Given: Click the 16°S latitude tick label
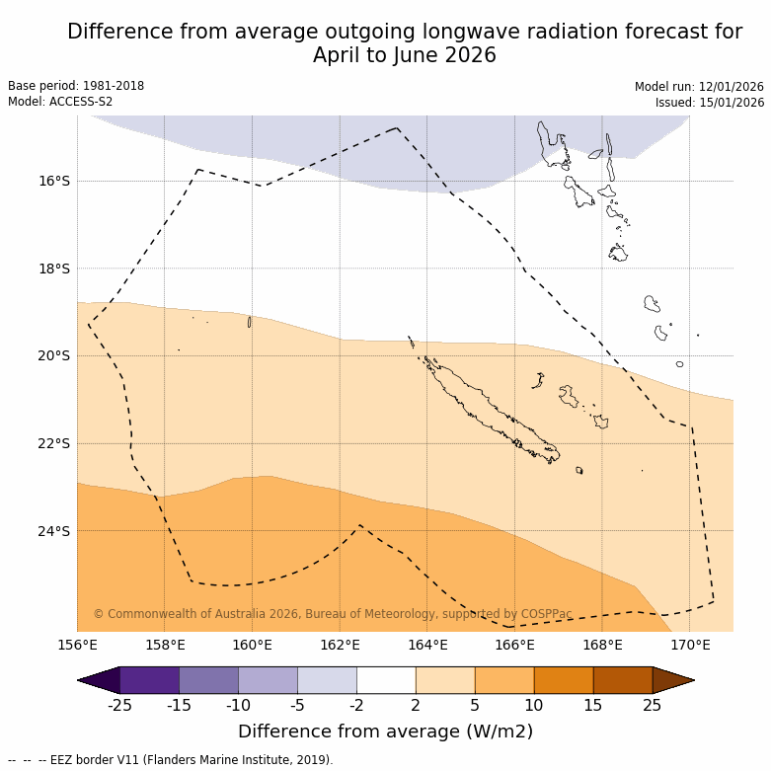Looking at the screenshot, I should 54,181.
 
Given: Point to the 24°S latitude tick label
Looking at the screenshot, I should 54,531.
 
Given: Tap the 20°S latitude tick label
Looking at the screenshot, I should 54,355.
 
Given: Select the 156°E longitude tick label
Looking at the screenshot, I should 77,646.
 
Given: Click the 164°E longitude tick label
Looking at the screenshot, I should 427,646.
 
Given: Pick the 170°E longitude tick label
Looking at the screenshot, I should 690,646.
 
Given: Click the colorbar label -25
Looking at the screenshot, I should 120,705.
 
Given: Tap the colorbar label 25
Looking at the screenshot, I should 653,705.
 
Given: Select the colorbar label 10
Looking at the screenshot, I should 534,705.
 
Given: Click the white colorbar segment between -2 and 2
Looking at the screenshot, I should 386,680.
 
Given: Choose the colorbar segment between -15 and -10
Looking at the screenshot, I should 209,680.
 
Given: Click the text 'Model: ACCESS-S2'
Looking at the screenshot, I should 60,102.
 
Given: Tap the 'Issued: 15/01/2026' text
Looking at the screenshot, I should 710,103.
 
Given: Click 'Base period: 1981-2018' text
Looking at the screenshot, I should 76,86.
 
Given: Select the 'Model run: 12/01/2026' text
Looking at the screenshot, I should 699,87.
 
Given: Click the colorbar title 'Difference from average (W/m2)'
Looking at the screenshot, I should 385,732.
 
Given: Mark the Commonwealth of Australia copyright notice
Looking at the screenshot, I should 333,614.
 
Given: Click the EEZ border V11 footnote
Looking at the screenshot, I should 170,760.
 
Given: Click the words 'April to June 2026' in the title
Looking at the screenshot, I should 405,56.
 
